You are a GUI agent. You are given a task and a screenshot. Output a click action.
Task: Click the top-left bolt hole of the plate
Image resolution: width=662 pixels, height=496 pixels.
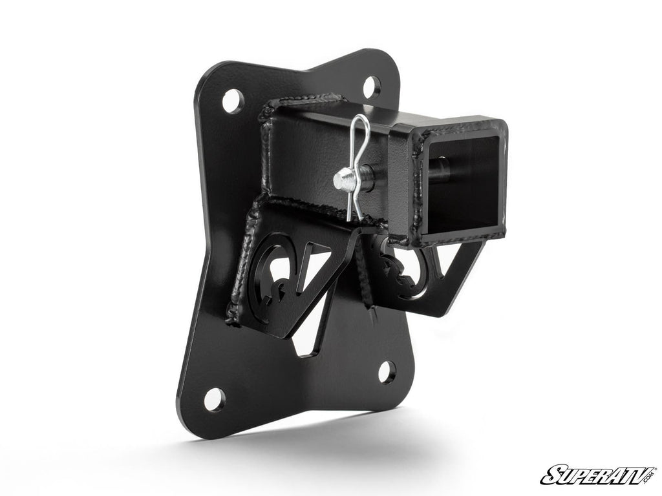point(233,101)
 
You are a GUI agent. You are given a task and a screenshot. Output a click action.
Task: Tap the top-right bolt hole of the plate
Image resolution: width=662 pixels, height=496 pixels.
point(372,86)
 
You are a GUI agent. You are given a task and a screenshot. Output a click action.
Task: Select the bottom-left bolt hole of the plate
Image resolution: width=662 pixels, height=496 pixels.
point(215,398)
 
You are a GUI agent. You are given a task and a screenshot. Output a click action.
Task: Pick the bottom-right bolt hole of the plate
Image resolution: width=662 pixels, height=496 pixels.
point(387,371)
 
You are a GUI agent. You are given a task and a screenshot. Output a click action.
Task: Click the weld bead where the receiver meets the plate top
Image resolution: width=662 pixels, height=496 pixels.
point(297,103)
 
